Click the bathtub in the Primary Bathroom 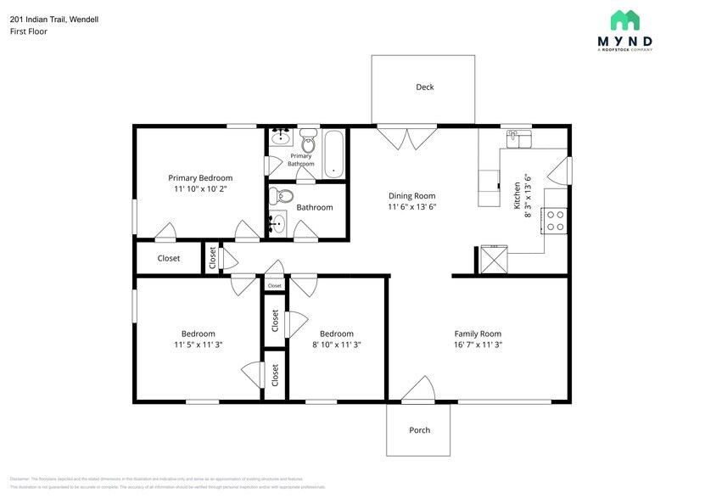coord(334,153)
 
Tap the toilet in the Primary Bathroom coord(308,141)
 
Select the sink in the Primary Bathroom coord(280,137)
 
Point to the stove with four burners coord(555,221)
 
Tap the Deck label coord(425,87)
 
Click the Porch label coord(419,430)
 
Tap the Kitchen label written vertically coord(517,194)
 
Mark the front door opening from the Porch coord(418,390)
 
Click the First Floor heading coord(29,31)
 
